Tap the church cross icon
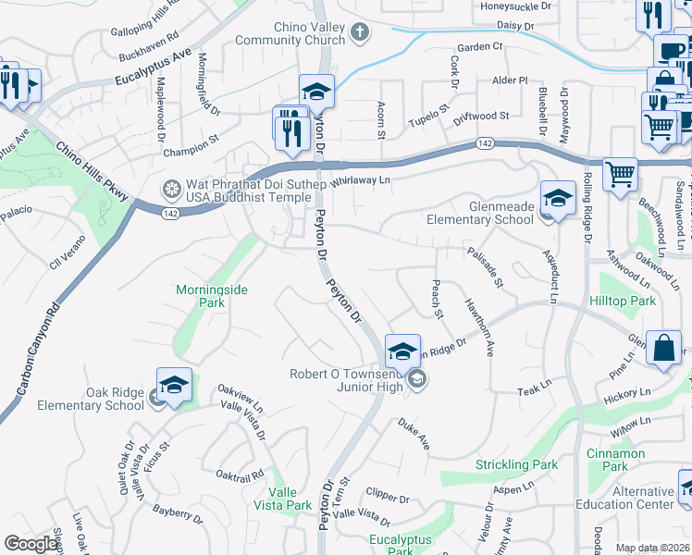[x=361, y=33]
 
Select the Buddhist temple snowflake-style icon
[x=171, y=191]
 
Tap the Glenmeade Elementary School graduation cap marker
[x=558, y=198]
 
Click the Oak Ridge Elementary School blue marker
[x=174, y=387]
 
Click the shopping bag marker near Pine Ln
[x=664, y=349]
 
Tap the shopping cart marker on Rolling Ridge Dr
[x=619, y=173]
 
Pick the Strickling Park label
[x=516, y=464]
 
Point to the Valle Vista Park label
[x=290, y=499]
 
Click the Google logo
[x=31, y=544]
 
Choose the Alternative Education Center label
[x=633, y=498]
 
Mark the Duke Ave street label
[x=414, y=434]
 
